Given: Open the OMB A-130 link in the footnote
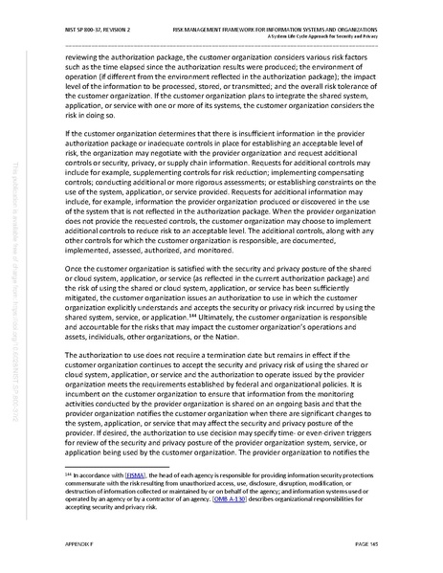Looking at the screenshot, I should pyautogui.click(x=233, y=499).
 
